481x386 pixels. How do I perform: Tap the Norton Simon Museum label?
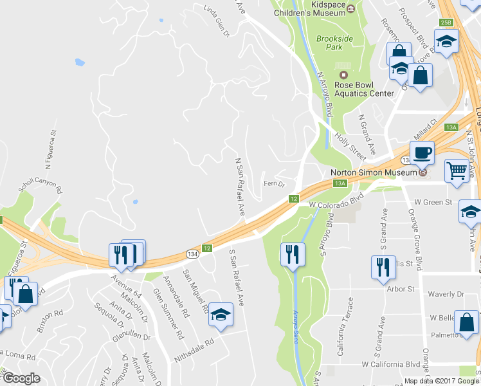[374, 172]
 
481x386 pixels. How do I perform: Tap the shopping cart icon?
[457, 170]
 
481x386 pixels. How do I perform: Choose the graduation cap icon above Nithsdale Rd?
[221, 315]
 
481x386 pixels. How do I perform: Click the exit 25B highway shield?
[446, 23]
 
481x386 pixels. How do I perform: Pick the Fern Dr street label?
[274, 184]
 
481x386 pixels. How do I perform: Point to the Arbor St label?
[401, 289]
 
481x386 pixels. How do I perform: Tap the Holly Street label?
[351, 145]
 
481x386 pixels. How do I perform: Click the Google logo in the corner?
[21, 378]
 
